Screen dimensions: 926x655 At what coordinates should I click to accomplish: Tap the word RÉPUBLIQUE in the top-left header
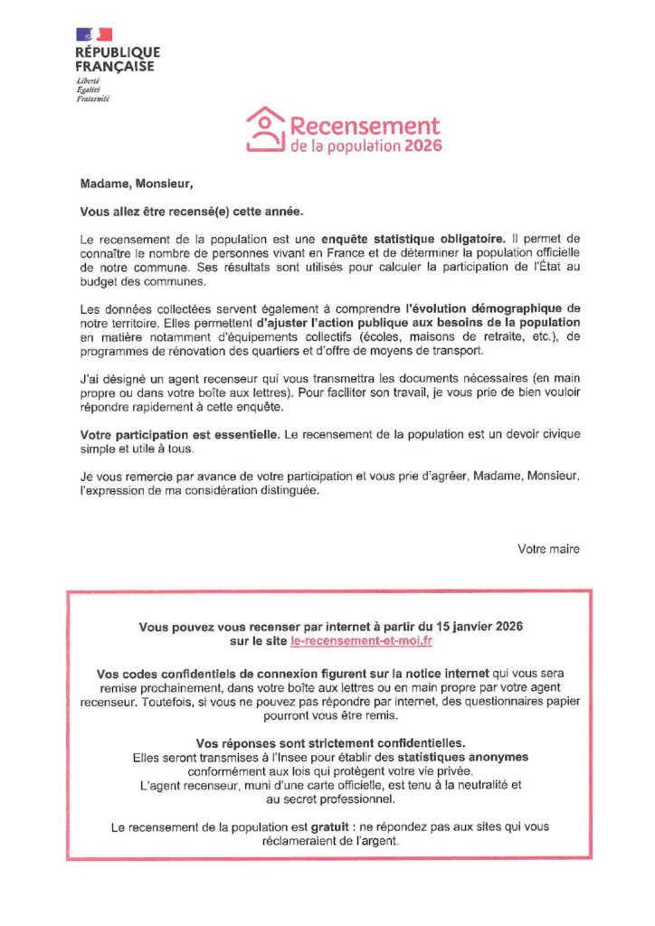(118, 53)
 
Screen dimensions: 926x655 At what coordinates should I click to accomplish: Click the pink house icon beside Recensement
(265, 130)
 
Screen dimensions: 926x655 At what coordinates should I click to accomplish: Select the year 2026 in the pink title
(423, 146)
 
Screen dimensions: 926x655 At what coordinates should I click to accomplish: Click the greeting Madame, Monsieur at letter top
(137, 185)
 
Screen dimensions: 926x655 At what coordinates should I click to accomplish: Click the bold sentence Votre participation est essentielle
(179, 435)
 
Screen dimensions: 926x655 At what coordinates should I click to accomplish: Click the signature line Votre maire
(548, 549)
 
